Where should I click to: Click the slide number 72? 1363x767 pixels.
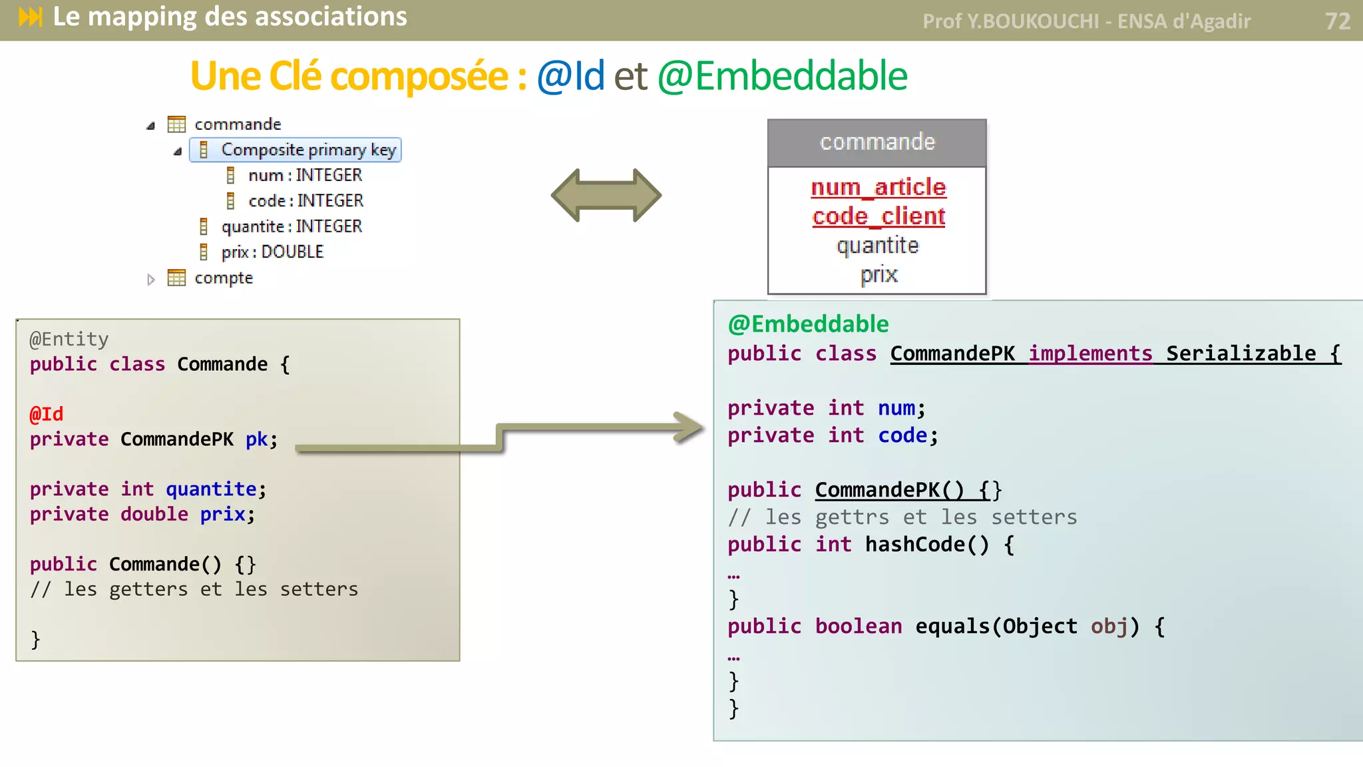click(1337, 21)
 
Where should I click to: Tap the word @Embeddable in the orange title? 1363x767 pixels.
click(782, 76)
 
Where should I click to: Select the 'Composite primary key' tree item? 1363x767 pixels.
click(308, 150)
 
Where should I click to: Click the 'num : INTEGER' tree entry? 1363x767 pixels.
click(305, 175)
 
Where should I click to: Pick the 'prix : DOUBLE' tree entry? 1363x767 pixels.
click(272, 252)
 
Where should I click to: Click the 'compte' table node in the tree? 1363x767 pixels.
click(223, 278)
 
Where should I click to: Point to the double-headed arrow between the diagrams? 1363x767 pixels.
click(606, 195)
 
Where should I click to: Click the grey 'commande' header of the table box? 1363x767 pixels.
click(876, 142)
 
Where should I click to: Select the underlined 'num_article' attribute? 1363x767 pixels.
click(878, 187)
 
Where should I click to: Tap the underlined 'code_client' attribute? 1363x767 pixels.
click(878, 216)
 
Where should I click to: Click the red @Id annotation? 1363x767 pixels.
click(47, 414)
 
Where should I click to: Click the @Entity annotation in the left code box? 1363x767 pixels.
click(69, 340)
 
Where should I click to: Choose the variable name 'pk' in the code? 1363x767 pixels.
click(256, 439)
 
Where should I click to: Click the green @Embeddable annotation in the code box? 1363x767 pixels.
click(808, 324)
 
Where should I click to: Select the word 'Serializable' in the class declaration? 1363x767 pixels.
click(1241, 354)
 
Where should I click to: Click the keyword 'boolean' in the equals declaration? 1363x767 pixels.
click(859, 627)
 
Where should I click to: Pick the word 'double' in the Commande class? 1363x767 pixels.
click(154, 514)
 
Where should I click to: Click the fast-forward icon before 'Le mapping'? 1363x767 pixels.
click(31, 17)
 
